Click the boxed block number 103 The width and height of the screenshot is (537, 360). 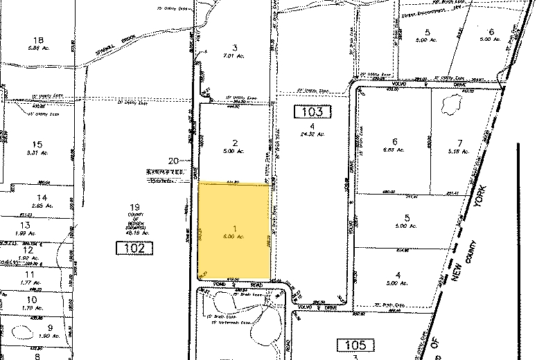(313, 111)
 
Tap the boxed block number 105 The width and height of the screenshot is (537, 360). (355, 345)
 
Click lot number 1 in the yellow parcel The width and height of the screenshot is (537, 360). (235, 228)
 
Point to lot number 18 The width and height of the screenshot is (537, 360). (38, 39)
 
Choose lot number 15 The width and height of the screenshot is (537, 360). (37, 144)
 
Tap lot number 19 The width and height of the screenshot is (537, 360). (136, 207)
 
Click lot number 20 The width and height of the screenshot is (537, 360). (183, 159)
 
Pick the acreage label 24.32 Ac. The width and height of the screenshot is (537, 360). (313, 134)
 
